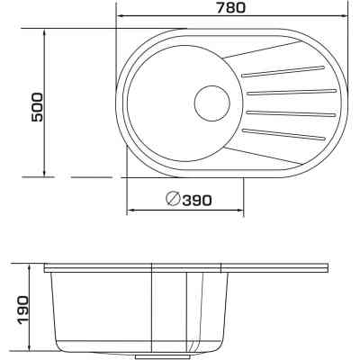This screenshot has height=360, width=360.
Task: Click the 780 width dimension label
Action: (230, 7)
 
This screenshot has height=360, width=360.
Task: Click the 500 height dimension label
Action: (38, 107)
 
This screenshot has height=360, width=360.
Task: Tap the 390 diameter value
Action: (197, 201)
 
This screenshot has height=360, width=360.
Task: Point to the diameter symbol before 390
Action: (174, 198)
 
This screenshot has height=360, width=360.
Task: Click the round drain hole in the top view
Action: (212, 103)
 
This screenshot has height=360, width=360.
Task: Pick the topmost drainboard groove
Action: (283, 71)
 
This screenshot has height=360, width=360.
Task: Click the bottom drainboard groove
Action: (283, 134)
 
